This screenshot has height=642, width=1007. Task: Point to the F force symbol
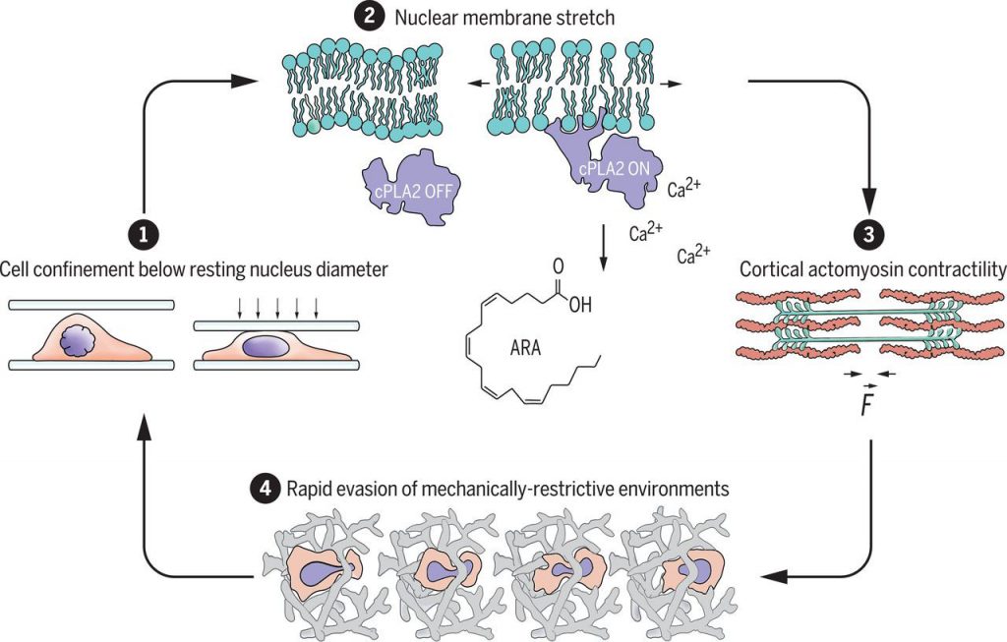point(865,402)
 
